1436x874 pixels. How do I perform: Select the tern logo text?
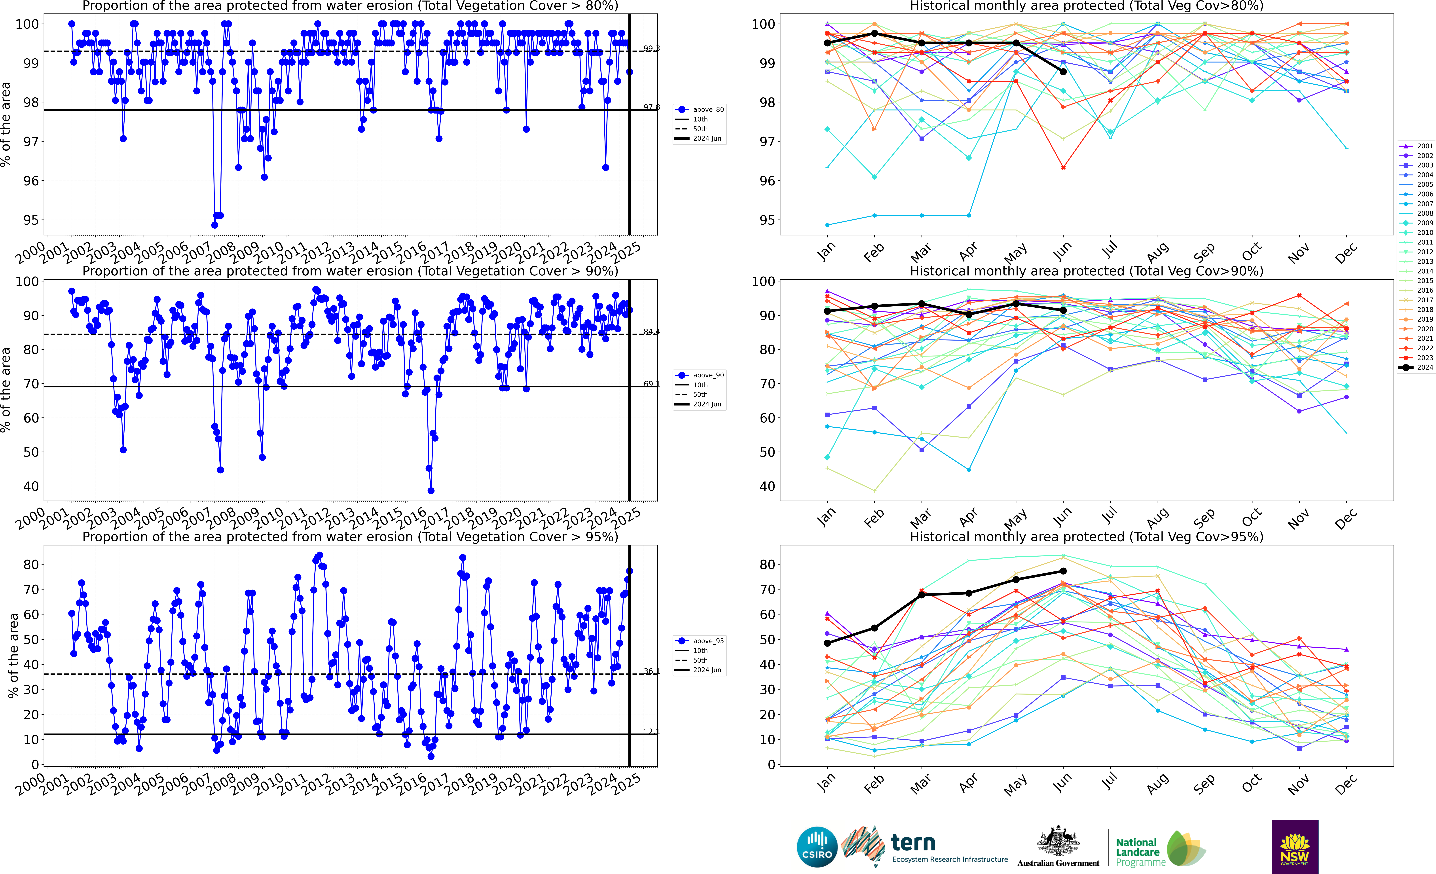[x=913, y=843]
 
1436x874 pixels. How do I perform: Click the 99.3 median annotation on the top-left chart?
[x=651, y=48]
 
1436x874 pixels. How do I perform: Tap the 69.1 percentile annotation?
[x=651, y=384]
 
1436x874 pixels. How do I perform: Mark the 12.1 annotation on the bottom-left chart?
[x=651, y=731]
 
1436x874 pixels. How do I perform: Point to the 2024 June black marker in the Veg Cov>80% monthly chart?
[x=1063, y=72]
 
